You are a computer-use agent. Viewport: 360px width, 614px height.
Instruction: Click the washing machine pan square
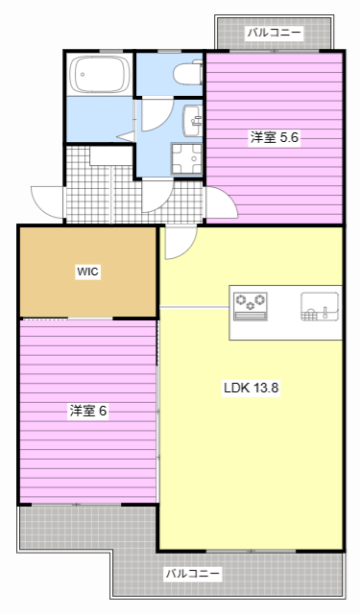click(186, 159)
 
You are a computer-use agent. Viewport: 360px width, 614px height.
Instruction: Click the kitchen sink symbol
click(318, 307)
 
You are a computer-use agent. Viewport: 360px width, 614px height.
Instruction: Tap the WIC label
click(88, 272)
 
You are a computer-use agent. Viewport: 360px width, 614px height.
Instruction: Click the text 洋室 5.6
click(276, 137)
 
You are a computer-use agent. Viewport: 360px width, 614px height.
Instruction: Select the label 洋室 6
click(87, 411)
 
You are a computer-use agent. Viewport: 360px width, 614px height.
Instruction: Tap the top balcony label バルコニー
click(275, 33)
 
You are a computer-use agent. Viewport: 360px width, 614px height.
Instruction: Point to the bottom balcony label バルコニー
click(192, 574)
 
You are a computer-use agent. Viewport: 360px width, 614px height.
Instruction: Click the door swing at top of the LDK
click(177, 244)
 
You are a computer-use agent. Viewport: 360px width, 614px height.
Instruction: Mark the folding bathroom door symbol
click(127, 134)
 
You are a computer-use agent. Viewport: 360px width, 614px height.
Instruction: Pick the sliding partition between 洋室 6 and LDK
click(158, 408)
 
